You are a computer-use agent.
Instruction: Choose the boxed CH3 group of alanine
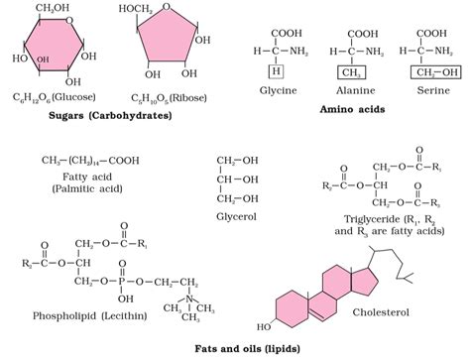tap(348, 71)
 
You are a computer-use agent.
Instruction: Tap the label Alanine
tap(349, 89)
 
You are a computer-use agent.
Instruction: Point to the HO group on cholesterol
tap(264, 324)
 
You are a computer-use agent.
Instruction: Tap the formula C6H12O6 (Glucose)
tap(55, 98)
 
